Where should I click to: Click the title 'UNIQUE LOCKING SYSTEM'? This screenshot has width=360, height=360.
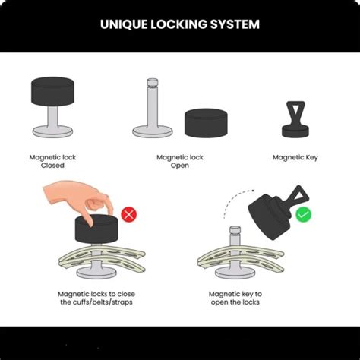point(180,24)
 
